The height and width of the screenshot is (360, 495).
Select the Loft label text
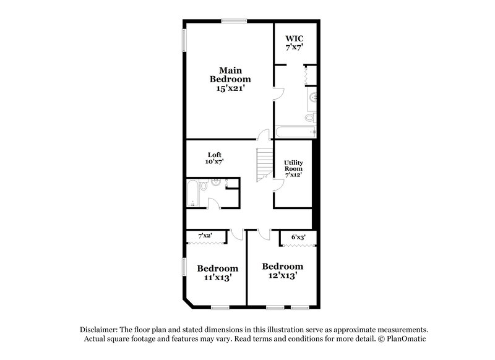click(x=215, y=158)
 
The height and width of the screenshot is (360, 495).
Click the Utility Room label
click(x=293, y=169)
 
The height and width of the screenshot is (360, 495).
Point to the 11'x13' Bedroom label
click(x=218, y=273)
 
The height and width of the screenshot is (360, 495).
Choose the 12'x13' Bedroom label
click(x=282, y=271)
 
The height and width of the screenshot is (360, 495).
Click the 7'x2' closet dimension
click(x=205, y=236)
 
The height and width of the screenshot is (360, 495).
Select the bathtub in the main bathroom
click(x=296, y=131)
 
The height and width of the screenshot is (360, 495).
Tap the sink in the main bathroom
click(x=312, y=96)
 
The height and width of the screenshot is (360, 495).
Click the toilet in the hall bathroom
click(x=216, y=182)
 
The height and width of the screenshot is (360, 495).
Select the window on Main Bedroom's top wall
click(x=235, y=22)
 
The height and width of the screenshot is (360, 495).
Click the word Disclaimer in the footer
click(x=101, y=330)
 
